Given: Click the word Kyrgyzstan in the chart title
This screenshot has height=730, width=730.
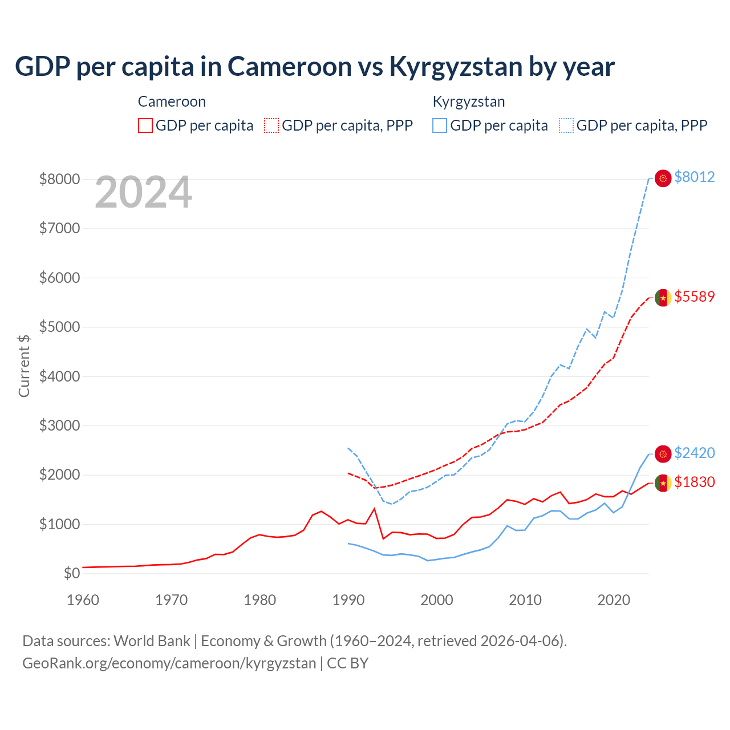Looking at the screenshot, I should pos(455,67).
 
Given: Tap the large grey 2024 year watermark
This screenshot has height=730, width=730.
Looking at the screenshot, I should pos(143,192).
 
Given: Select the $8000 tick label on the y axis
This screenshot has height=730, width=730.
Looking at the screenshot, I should pos(59,179).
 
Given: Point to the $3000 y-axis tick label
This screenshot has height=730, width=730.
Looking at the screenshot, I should pos(59,425).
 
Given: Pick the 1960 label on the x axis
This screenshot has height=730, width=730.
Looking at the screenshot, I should pos(83,600).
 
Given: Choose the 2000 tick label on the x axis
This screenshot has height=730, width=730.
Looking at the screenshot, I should pos(437,600).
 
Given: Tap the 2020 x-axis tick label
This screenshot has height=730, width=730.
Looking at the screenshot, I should pos(614,600).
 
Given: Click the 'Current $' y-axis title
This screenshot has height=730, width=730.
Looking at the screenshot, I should pos(24,366).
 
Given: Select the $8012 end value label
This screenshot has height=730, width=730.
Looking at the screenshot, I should pos(694,177).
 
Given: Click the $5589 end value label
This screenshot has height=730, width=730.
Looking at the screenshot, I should pos(694,297).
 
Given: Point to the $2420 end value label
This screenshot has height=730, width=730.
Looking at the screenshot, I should pos(694,453).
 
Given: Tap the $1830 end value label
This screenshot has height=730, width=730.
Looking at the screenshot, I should pos(694,482).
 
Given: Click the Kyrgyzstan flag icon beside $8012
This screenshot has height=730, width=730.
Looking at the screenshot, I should pos(663,178).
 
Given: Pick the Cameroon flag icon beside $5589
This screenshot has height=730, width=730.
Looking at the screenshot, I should pos(663,298).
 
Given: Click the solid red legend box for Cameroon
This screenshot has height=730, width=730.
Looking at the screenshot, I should pos(145,125).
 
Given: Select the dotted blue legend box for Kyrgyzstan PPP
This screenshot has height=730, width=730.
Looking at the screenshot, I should pos(566,125).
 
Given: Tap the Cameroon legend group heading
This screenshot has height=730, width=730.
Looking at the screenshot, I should pos(172,102).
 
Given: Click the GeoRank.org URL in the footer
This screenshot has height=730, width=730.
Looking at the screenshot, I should pos(169,663).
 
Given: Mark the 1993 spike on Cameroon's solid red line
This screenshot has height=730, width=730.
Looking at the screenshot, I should pos(374,509).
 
